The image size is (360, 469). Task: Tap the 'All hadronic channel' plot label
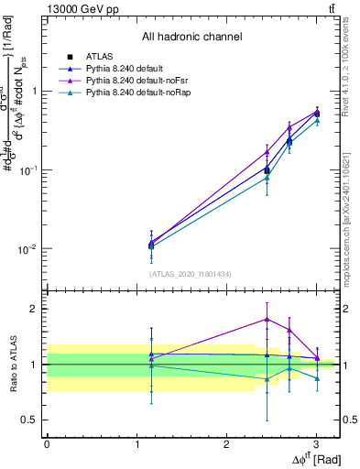coord(191,38)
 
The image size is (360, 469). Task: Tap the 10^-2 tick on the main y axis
coord(28,249)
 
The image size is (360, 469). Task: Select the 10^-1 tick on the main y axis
coord(28,170)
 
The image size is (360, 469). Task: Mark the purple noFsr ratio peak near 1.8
coord(267,319)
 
